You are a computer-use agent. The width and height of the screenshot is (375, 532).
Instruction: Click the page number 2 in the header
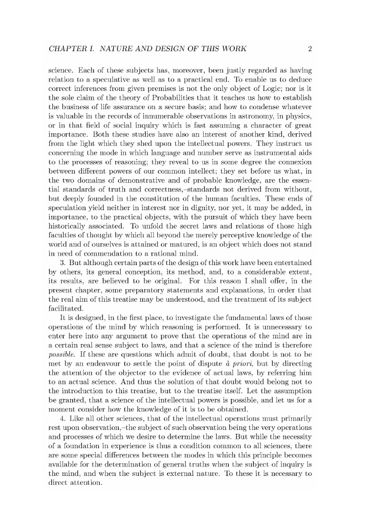309,49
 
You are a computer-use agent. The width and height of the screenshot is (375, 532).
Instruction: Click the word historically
67,226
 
